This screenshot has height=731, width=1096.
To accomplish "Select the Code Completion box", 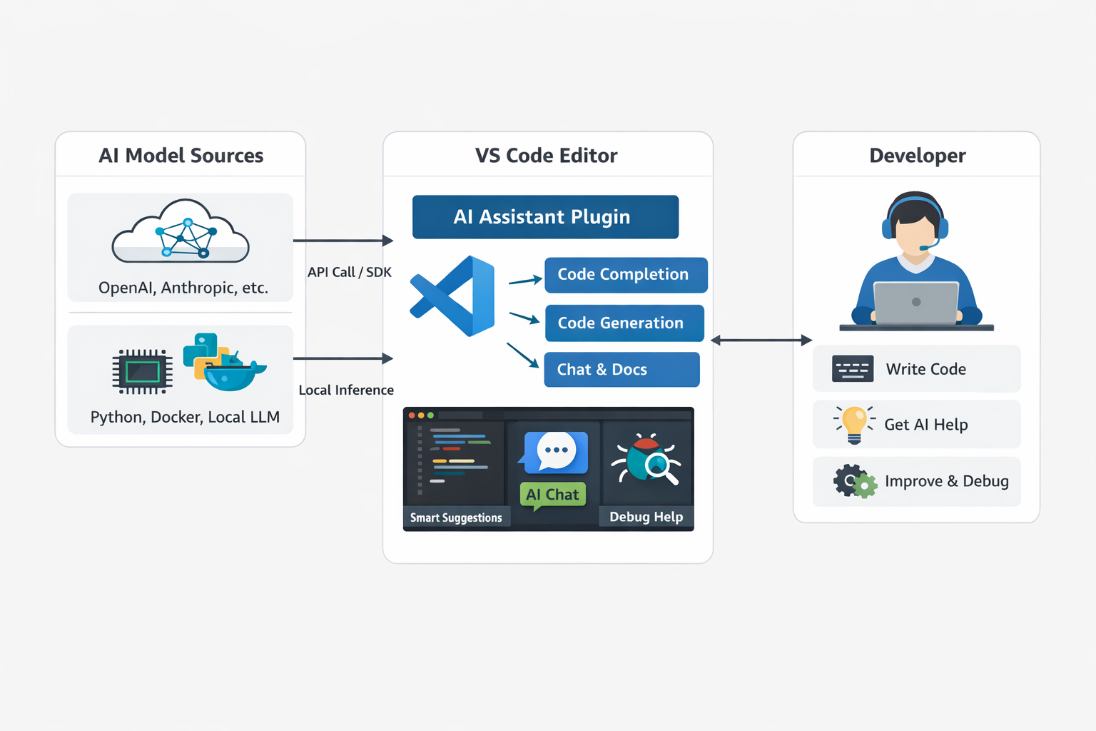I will click(x=625, y=275).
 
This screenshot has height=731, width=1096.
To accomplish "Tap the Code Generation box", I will click(x=624, y=323).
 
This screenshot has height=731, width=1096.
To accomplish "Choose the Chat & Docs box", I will click(x=621, y=370).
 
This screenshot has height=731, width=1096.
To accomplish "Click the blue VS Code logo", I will click(x=455, y=296).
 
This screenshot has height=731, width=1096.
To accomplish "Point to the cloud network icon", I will click(x=181, y=232).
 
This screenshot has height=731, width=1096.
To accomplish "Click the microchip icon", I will click(x=143, y=372).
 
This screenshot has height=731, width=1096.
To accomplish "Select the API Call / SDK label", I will click(x=350, y=272).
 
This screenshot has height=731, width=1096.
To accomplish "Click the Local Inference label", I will click(x=346, y=390).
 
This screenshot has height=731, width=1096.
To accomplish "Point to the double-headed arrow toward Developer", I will click(x=761, y=341).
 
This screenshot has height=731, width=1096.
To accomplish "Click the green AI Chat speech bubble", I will click(x=553, y=495).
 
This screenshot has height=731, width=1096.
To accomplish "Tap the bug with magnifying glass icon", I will click(x=646, y=460).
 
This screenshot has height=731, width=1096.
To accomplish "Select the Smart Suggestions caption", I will click(x=456, y=518).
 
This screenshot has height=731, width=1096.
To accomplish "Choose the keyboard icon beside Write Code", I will click(x=853, y=369).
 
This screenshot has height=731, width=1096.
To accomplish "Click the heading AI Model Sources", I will click(x=181, y=156).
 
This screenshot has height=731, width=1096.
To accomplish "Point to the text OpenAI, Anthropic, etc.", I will click(x=183, y=288).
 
